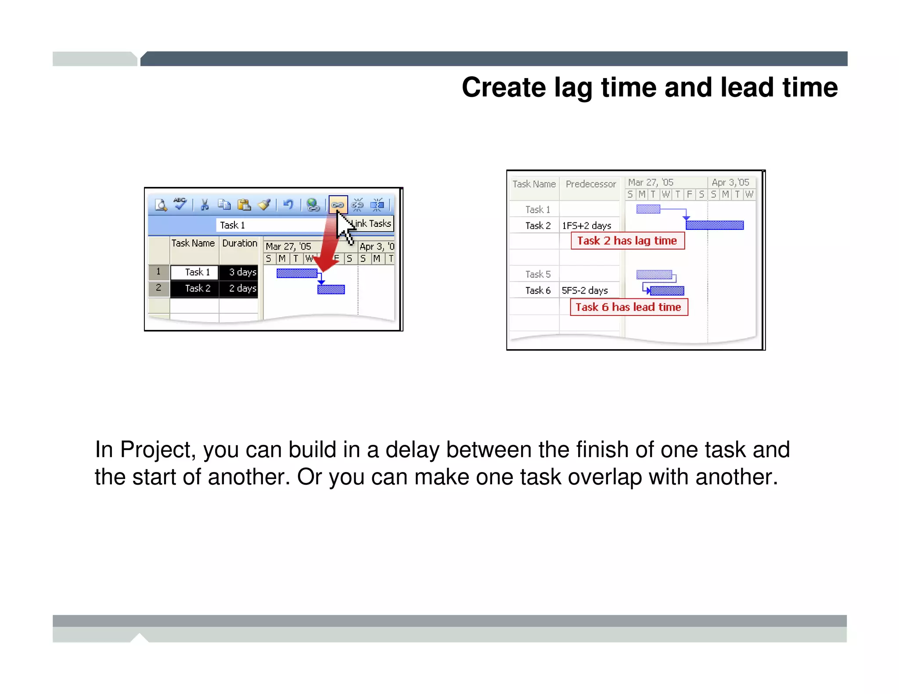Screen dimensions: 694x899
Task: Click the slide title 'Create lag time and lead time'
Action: pos(650,87)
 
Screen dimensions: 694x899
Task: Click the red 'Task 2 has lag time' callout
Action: pos(627,241)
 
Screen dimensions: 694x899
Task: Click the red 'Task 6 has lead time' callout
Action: pos(629,307)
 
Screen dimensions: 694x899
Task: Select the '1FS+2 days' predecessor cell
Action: pos(587,225)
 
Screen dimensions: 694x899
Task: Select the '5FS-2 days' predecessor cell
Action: pos(585,290)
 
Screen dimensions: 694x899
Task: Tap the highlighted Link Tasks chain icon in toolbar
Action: pos(338,204)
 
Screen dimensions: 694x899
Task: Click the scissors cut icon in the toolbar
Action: pos(205,205)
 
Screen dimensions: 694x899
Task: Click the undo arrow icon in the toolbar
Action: pos(288,204)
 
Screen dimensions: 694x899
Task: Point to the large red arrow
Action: pos(329,246)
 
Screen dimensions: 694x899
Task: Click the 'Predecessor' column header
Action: pos(590,184)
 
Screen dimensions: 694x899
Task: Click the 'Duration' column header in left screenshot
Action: pos(240,243)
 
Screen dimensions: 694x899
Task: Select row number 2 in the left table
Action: pos(158,288)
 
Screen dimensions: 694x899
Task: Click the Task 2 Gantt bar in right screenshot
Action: pos(714,225)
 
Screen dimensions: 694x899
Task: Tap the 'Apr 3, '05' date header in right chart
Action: pos(730,182)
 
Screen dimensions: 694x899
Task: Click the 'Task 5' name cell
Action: pos(538,275)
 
